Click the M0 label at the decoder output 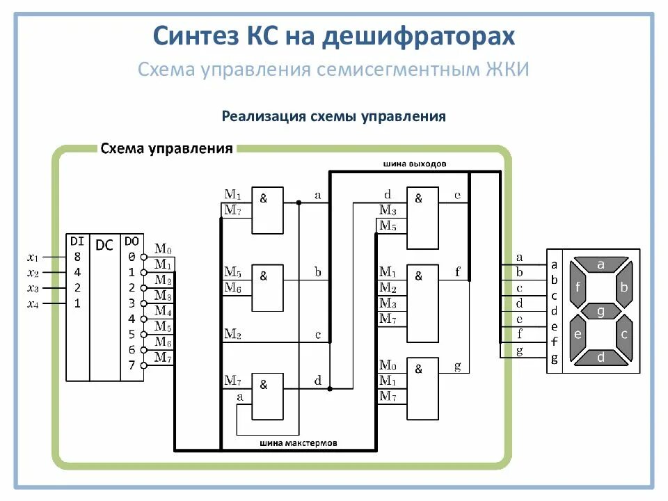pyautogui.click(x=162, y=248)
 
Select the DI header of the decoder pyautogui.click(x=77, y=241)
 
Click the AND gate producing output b pyautogui.click(x=268, y=287)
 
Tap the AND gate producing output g pyautogui.click(x=423, y=389)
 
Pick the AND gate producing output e pyautogui.click(x=423, y=217)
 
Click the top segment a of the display pyautogui.click(x=601, y=264)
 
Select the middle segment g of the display pyautogui.click(x=601, y=310)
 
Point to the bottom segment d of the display pyautogui.click(x=601, y=357)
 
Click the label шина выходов pyautogui.click(x=415, y=164)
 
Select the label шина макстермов pyautogui.click(x=299, y=443)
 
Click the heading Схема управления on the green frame pyautogui.click(x=166, y=149)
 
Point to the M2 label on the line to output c pyautogui.click(x=232, y=335)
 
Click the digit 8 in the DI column pyautogui.click(x=77, y=257)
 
